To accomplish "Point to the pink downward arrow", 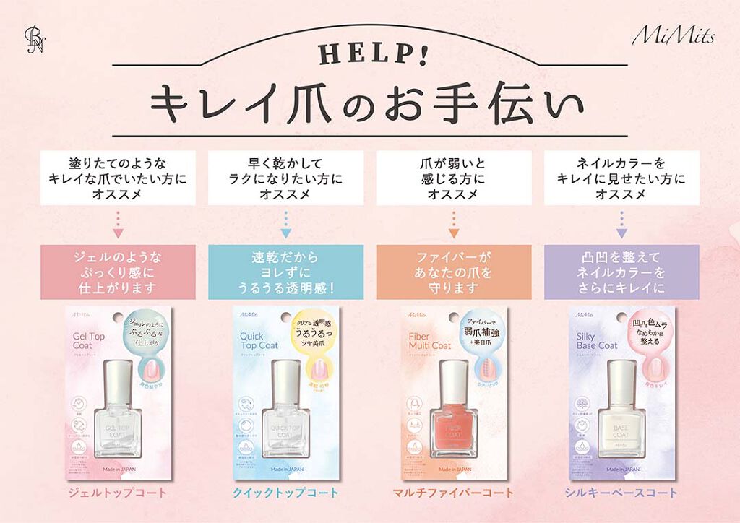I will point(119,233).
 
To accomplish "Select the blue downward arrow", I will point(285,233).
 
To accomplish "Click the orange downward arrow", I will point(454,233).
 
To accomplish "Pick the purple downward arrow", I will point(621,233).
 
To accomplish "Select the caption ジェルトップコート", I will point(119,493).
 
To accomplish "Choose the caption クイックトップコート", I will point(285,493).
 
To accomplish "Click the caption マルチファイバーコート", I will point(454,493).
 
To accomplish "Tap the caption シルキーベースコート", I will point(621,493).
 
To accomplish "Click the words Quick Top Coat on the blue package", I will point(258,340).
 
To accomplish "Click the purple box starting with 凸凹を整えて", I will point(621,272).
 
